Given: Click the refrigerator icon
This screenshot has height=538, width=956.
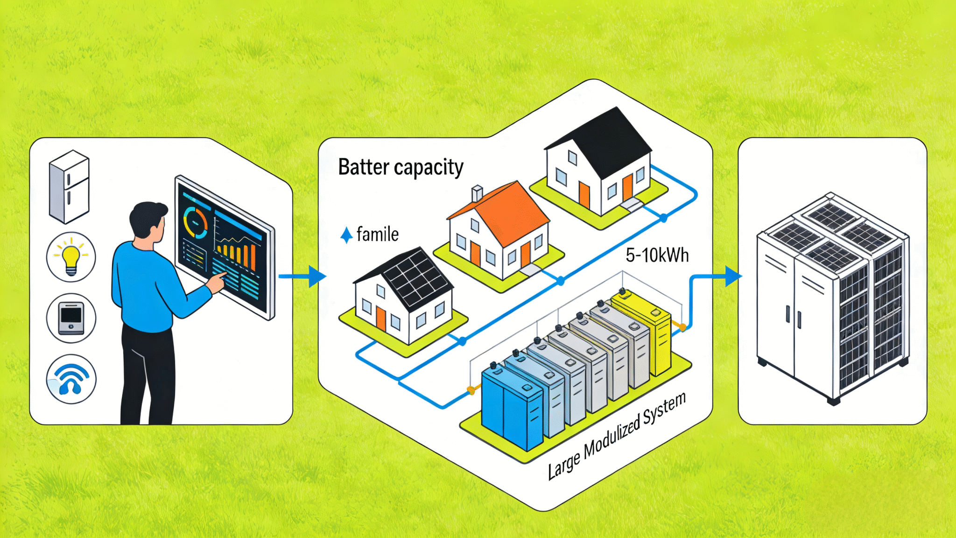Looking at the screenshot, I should click(69, 186).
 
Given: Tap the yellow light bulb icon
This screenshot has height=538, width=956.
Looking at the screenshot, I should click(71, 257).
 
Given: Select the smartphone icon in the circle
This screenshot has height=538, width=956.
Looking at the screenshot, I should click(71, 318).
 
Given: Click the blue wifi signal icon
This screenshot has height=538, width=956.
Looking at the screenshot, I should click(71, 379).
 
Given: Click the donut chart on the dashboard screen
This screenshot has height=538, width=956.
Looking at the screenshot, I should click(196, 223).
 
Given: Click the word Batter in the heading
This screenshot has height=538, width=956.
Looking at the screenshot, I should click(364, 167).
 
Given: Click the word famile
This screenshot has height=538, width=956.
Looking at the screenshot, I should click(378, 234).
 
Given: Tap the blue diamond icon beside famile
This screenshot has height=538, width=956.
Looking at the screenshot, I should click(346, 235).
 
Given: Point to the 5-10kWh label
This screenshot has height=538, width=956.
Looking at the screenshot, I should click(657, 255).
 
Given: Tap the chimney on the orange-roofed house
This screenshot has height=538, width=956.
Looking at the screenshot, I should click(477, 193).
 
